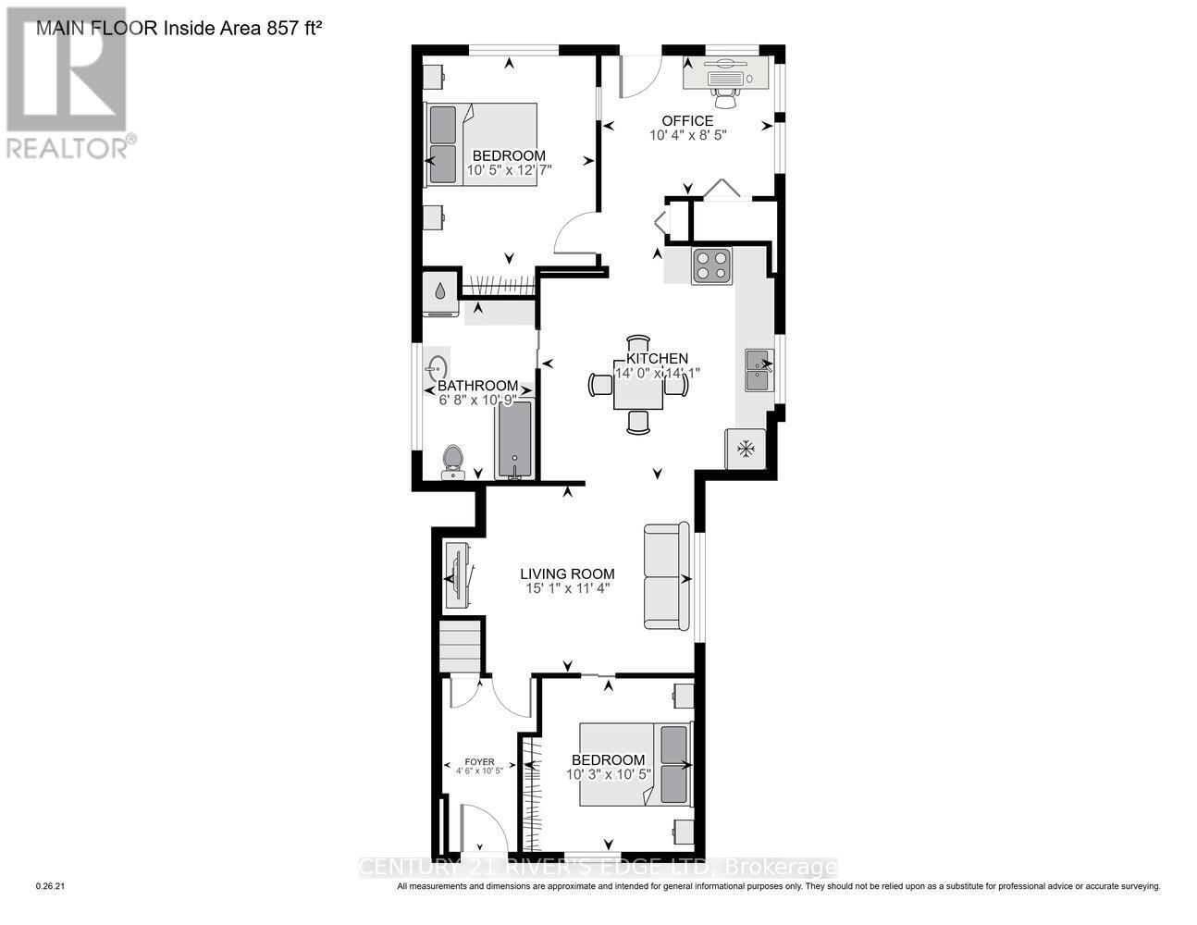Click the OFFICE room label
coord(687,120)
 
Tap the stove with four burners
coord(711,266)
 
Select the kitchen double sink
coord(759,372)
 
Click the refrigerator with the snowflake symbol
coord(746,449)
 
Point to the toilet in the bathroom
coord(452,462)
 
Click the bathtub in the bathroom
coord(515,439)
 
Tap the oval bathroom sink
coord(437,369)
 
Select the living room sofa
coord(667,578)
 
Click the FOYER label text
coord(479,761)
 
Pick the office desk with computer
coord(727,72)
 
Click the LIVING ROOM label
coord(567,573)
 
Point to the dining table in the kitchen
coord(638,391)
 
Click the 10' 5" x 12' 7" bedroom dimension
coord(508,170)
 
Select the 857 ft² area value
coord(292,28)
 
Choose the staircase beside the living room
coord(462,647)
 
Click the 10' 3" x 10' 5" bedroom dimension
coord(609,774)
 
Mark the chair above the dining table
coord(638,343)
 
